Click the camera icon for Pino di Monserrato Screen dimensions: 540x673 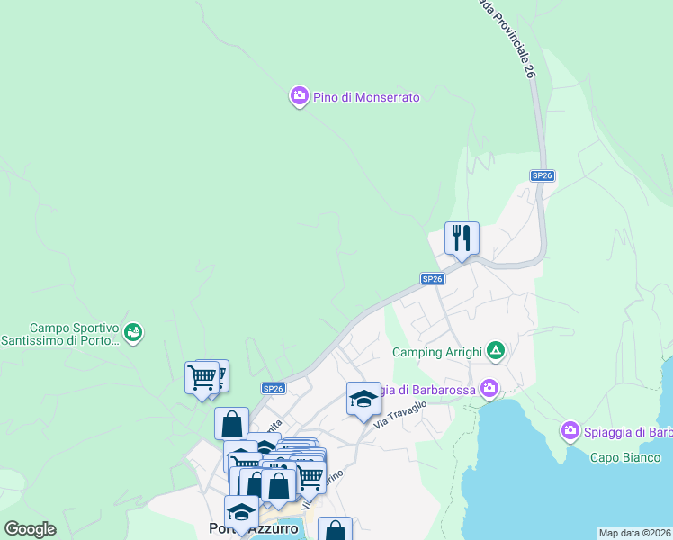click(300, 96)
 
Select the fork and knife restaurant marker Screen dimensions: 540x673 click(462, 238)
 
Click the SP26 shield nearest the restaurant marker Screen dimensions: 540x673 click(433, 279)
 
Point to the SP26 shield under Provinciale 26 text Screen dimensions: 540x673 click(541, 176)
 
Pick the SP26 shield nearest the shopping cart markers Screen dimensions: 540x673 click(274, 388)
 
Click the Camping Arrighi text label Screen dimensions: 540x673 click(437, 352)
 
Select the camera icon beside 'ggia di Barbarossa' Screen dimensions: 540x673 click(489, 388)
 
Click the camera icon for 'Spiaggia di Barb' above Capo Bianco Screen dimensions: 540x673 click(570, 432)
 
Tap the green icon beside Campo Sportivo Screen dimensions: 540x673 click(133, 333)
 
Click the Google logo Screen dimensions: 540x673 click(30, 529)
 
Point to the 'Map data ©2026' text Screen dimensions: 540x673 click(634, 533)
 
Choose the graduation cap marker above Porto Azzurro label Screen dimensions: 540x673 click(240, 512)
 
